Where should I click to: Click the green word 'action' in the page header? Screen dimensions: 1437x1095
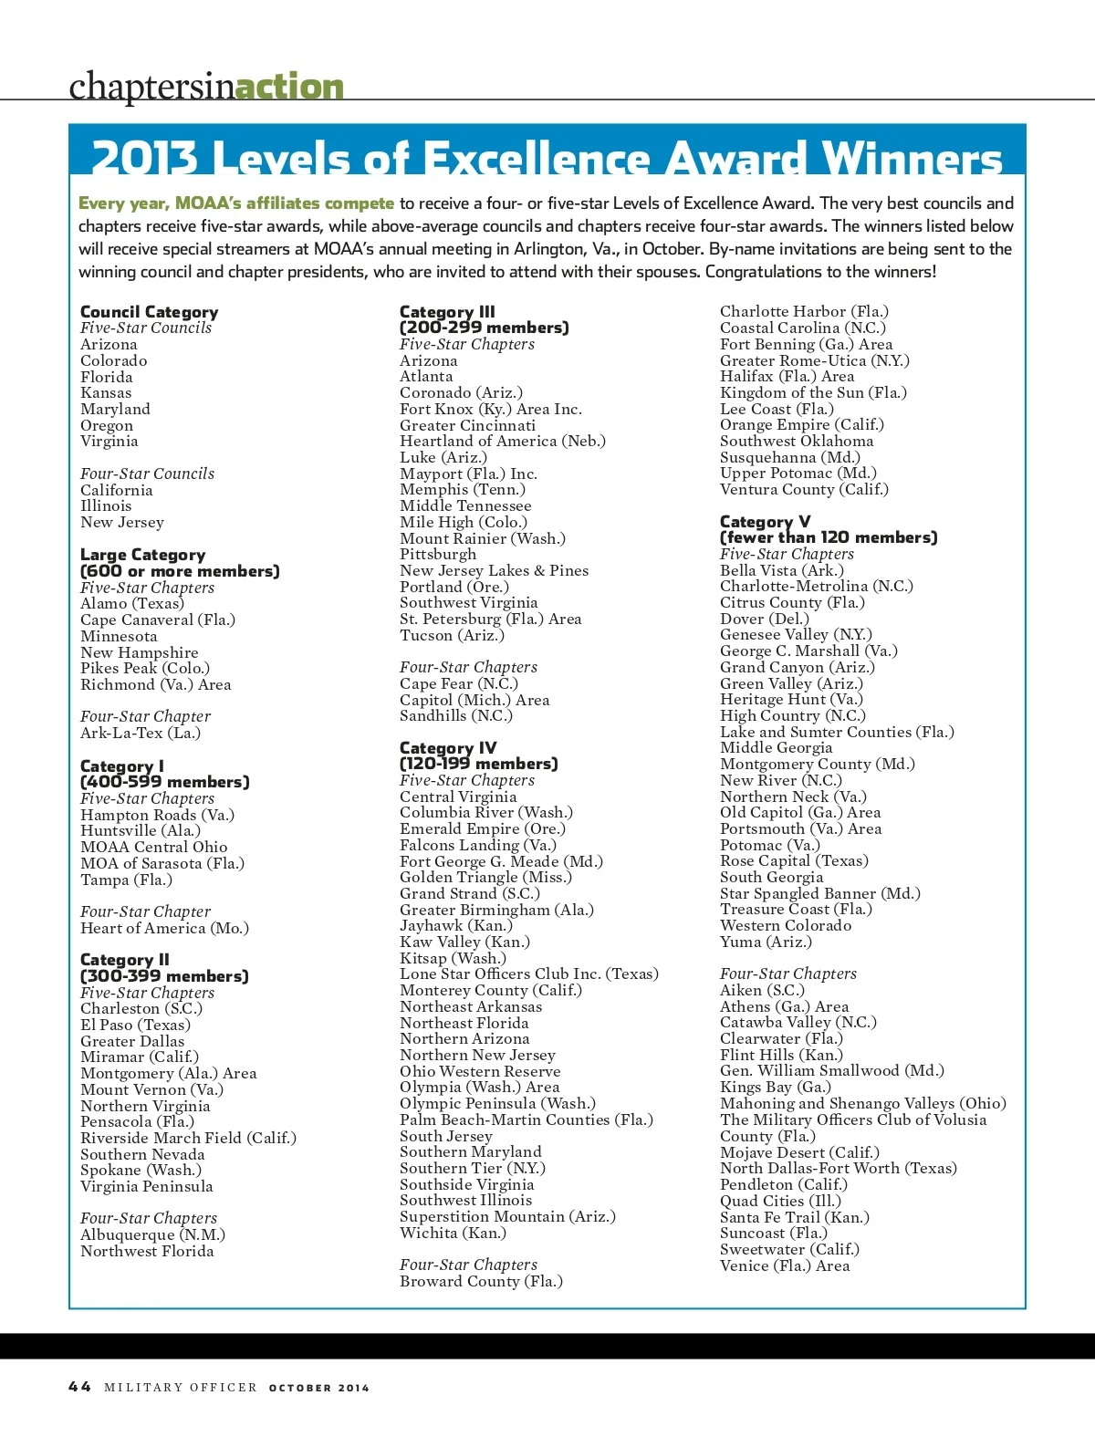[x=289, y=87]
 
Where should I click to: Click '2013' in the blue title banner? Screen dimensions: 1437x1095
[x=144, y=158]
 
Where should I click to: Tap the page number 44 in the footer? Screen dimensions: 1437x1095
[x=79, y=1387]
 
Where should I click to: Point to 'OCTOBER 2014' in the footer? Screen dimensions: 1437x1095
[x=319, y=1388]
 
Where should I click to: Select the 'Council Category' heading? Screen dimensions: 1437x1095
[x=149, y=312]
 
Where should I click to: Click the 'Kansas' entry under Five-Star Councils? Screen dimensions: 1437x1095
[x=106, y=393]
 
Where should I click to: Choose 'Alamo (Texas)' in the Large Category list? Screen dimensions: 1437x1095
[x=132, y=603]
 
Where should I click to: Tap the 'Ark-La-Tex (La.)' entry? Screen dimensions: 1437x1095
[x=141, y=733]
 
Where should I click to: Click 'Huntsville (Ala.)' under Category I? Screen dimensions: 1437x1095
[x=141, y=830]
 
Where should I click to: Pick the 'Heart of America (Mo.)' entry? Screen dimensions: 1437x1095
[x=164, y=928]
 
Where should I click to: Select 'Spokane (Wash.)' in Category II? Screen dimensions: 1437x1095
[x=141, y=1170]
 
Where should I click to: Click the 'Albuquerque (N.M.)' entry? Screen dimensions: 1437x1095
[x=152, y=1234]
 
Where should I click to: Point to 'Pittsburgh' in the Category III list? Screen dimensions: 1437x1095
[x=438, y=554]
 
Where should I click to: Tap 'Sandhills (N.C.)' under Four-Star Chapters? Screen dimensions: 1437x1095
[x=456, y=715]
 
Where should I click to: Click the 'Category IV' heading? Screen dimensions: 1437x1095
[x=448, y=748]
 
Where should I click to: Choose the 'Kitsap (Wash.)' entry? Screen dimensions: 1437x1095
[x=454, y=958]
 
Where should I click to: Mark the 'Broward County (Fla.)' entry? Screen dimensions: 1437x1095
[x=481, y=1281]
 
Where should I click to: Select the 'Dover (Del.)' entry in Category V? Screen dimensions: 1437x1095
[x=765, y=619]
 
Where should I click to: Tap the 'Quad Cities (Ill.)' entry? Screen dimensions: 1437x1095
[x=780, y=1201]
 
